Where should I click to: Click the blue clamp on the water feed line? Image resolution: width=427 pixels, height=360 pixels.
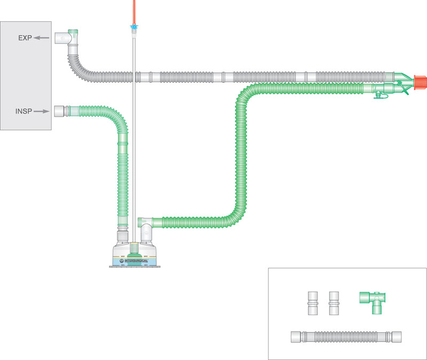point(133,26)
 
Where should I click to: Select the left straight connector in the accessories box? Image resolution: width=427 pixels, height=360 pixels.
point(312,304)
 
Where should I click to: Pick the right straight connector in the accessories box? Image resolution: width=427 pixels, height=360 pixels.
point(335,304)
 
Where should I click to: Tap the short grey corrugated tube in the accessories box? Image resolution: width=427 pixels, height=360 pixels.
point(346,337)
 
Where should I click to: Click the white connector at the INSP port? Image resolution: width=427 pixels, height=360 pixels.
point(59,111)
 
